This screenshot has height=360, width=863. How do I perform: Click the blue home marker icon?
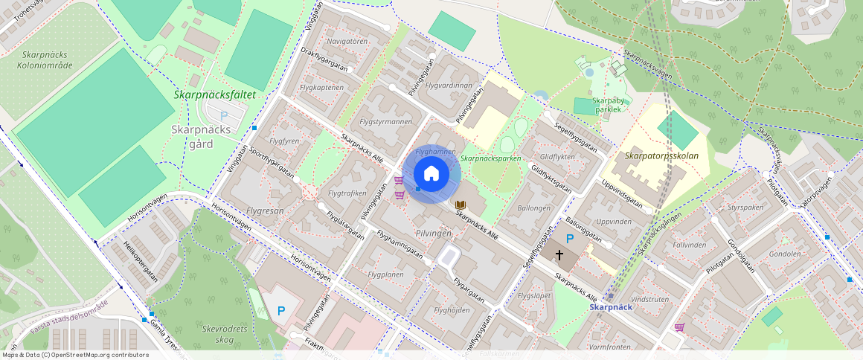(x=431, y=173)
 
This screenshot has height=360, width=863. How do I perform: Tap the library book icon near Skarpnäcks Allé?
(x=461, y=205)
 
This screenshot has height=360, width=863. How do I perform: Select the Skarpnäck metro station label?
(x=611, y=306)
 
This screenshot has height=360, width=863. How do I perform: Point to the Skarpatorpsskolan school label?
(x=661, y=156)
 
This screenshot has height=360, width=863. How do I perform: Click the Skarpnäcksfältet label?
(x=214, y=95)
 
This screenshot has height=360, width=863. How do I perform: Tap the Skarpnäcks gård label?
(x=201, y=136)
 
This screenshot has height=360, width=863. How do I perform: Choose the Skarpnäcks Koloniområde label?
(x=45, y=60)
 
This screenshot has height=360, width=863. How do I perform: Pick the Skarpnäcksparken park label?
(x=490, y=158)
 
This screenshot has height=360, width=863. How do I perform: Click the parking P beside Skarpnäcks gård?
(x=223, y=115)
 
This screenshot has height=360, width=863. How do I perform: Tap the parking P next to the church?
(x=570, y=239)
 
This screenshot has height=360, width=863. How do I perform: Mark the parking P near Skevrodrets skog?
(x=281, y=310)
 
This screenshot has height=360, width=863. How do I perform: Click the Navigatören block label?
(x=347, y=42)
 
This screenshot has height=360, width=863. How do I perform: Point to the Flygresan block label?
(x=259, y=210)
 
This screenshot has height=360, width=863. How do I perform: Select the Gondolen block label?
(x=785, y=254)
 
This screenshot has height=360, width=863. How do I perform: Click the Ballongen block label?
(x=533, y=208)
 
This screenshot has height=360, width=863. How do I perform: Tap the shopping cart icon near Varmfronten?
(x=679, y=327)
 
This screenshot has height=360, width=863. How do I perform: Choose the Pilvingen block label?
(x=434, y=233)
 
